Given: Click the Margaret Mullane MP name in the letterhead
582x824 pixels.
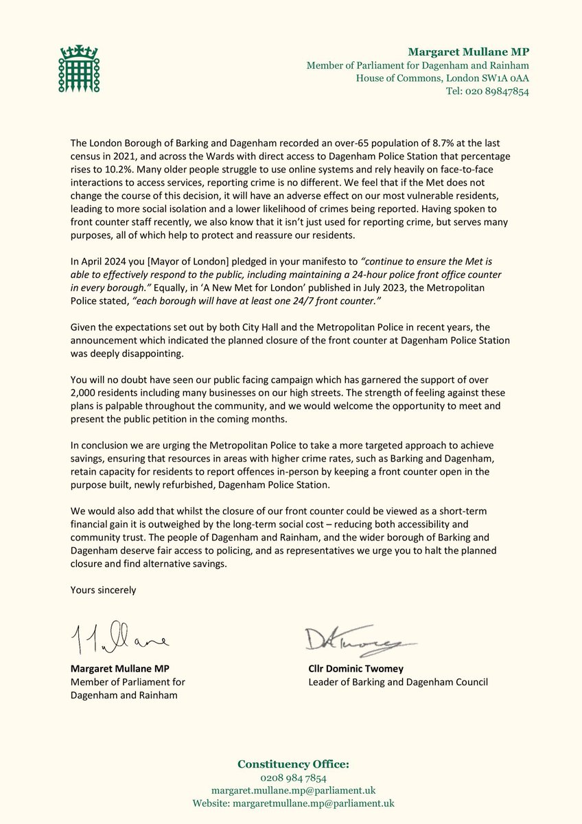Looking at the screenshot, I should tap(468, 51).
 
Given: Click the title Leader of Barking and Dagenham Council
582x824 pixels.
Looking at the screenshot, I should tap(398, 683).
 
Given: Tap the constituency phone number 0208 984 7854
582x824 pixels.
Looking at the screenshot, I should tap(289, 778).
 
